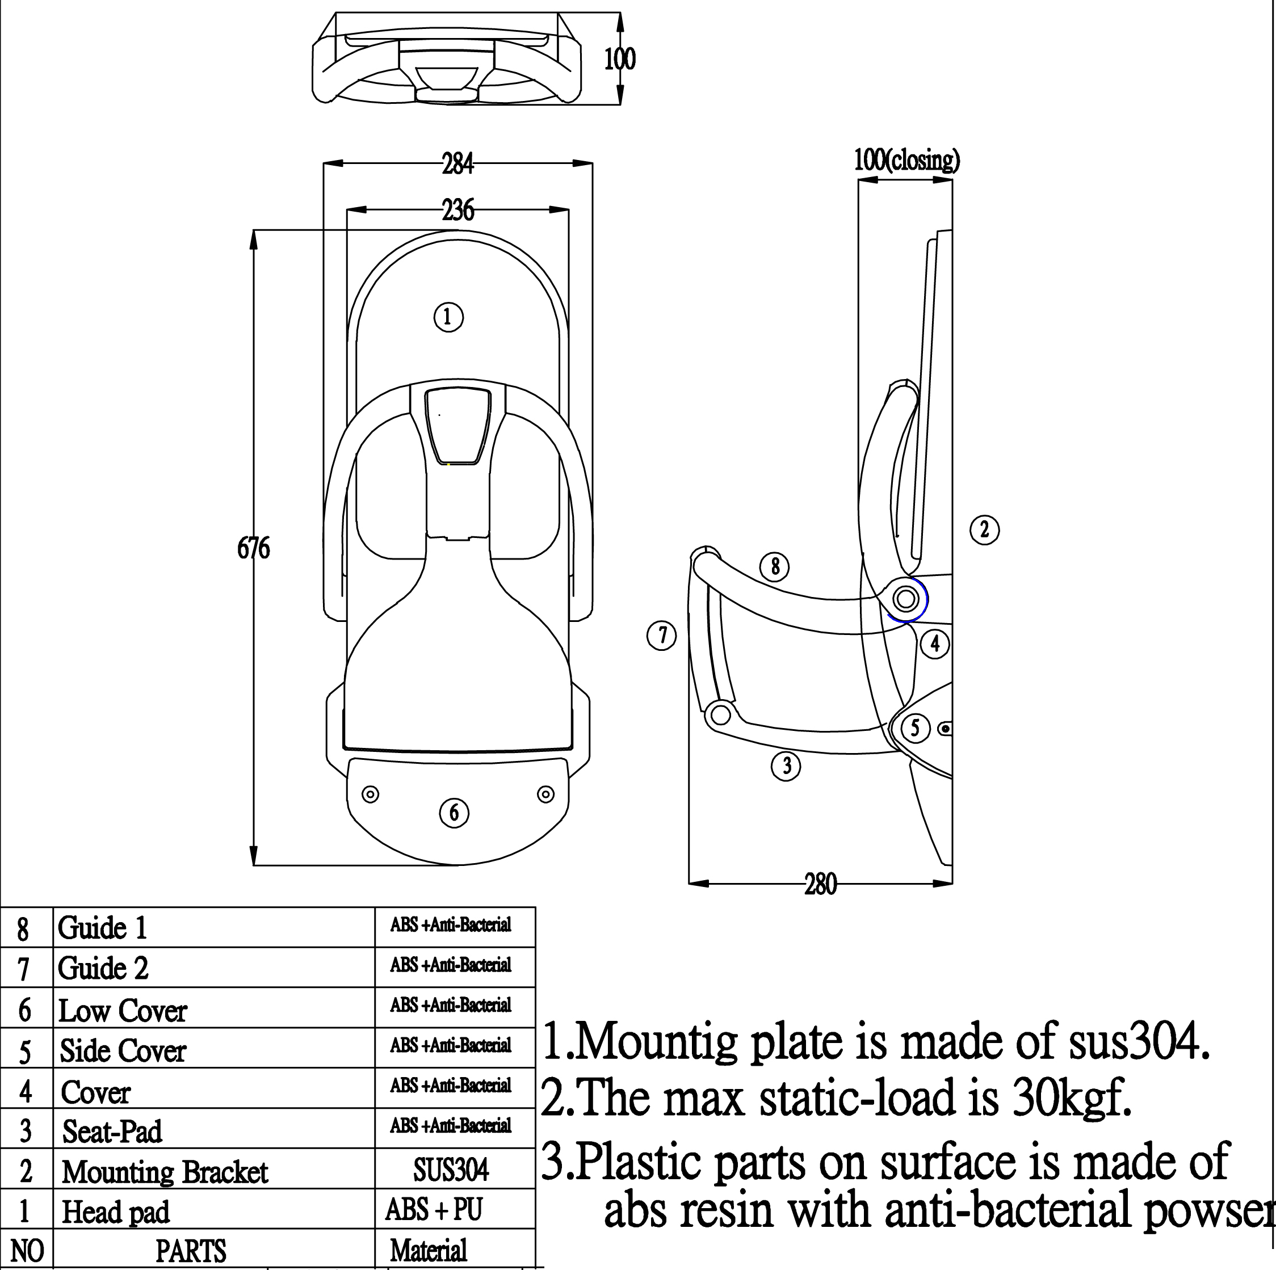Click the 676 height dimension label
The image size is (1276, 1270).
[x=254, y=548]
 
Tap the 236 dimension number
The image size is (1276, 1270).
[x=457, y=210]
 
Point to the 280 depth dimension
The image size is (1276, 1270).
[x=820, y=884]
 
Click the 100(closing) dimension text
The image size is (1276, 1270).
[x=907, y=160]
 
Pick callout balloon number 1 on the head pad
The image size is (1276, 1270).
[x=448, y=317]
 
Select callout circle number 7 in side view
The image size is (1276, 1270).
[x=661, y=636]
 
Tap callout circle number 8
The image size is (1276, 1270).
[x=775, y=566]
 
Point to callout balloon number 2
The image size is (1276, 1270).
[x=984, y=529]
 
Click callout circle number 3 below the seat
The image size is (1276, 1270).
[x=786, y=766]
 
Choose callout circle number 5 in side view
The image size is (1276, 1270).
[x=915, y=728]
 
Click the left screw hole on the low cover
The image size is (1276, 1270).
[x=371, y=794]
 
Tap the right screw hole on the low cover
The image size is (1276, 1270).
[x=545, y=794]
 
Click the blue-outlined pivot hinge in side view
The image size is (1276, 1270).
[x=905, y=599]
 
